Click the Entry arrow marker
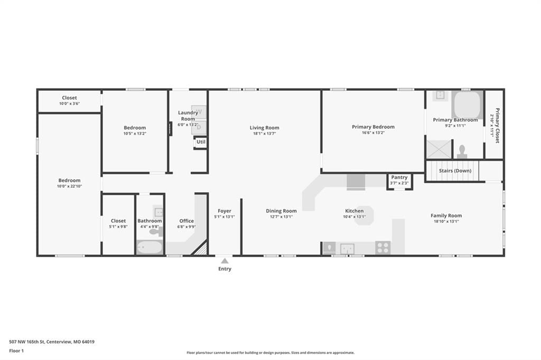[225, 261]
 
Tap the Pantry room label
[399, 177]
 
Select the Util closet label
[201, 141]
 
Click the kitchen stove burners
[383, 248]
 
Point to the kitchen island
[365, 215]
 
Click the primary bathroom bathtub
[467, 105]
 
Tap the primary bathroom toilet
[462, 151]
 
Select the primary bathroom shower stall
[439, 149]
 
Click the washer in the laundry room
[199, 112]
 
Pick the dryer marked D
[199, 127]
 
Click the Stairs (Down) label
[455, 170]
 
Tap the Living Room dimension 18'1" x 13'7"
[264, 134]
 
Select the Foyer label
[224, 211]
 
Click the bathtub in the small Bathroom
[150, 247]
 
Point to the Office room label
[186, 221]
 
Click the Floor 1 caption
[16, 350]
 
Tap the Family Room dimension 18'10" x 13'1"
[446, 221]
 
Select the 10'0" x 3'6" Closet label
[69, 103]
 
